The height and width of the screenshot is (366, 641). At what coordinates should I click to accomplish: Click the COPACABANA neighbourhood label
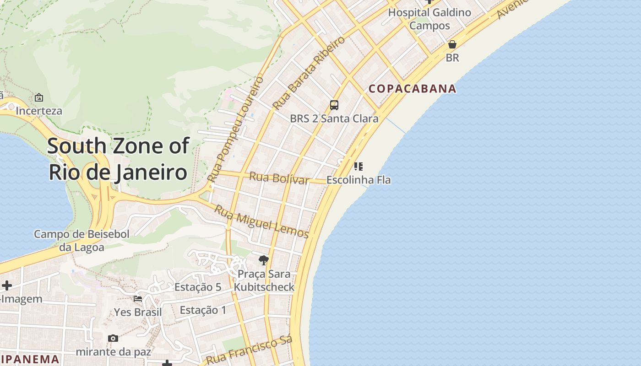click(x=413, y=89)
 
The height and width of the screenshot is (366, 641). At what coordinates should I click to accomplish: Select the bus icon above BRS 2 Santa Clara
click(x=334, y=105)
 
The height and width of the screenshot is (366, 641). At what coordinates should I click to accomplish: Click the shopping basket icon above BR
click(x=452, y=44)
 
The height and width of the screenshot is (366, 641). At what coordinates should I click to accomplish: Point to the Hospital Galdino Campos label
click(x=429, y=19)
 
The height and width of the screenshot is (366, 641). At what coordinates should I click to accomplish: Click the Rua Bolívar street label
click(x=279, y=178)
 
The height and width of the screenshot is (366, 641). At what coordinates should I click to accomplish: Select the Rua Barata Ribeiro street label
click(x=309, y=73)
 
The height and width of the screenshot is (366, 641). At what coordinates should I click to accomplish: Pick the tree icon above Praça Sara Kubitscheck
click(x=263, y=260)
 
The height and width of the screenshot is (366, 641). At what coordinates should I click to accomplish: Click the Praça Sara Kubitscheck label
click(x=264, y=280)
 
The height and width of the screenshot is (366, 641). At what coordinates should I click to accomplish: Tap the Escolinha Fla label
click(x=359, y=180)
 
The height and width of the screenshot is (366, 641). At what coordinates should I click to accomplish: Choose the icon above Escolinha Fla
click(x=359, y=166)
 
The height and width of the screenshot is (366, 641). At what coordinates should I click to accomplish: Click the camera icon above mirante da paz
click(x=113, y=339)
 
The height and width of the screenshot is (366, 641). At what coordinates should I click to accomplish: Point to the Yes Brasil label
click(x=138, y=312)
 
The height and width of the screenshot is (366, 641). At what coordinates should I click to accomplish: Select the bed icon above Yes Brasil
click(x=138, y=299)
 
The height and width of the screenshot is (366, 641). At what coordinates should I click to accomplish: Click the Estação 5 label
click(x=198, y=287)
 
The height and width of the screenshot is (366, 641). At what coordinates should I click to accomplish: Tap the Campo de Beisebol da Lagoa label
click(x=81, y=241)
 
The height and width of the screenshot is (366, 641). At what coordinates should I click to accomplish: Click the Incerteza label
click(x=39, y=111)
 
